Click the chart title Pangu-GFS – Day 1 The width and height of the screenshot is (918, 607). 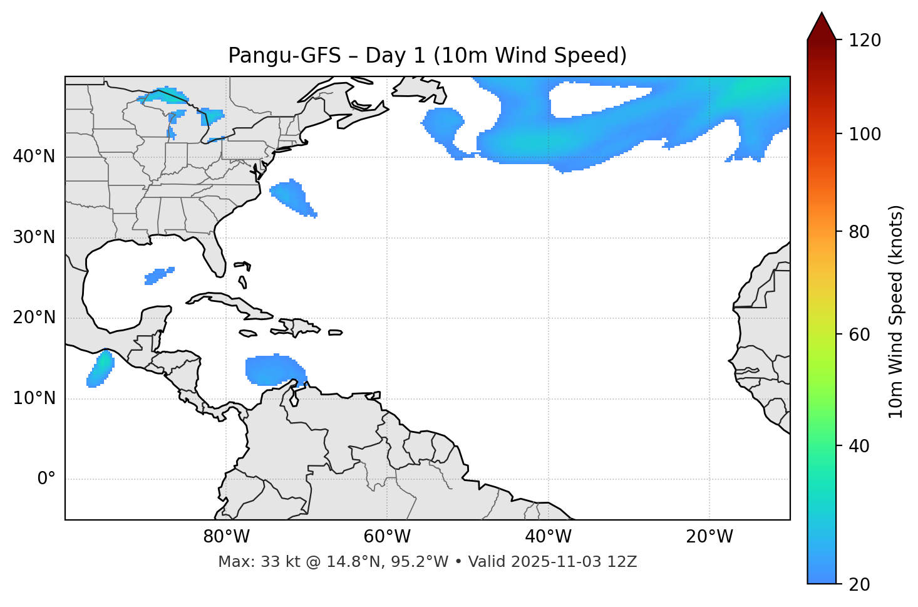pos(427,56)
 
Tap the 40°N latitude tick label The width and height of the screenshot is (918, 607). pos(34,157)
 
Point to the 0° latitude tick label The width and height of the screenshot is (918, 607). pos(46,479)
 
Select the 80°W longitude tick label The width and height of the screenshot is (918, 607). pos(226,537)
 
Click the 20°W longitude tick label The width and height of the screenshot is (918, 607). pos(709,537)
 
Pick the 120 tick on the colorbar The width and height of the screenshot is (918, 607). pos(865,41)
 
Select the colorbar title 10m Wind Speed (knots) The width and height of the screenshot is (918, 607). pos(896,311)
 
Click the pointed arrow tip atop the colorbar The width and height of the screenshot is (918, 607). pos(822,15)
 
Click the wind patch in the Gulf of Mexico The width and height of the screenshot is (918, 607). pos(158,276)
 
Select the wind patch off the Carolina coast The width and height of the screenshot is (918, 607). pos(292,197)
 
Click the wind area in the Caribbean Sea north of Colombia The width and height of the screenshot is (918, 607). pos(272,370)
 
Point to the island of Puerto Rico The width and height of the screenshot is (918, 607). pos(335,333)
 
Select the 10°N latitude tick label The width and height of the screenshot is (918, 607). pos(34,398)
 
